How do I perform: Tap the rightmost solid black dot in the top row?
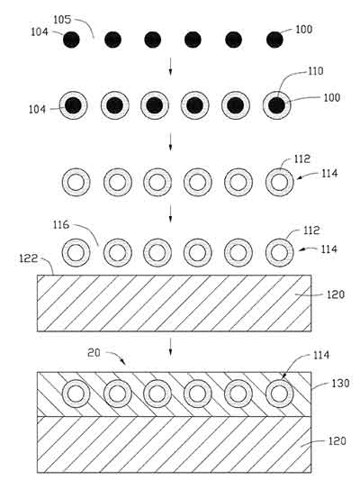click(274, 39)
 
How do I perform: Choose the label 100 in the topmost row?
click(303, 30)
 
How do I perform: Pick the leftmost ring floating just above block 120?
click(76, 250)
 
